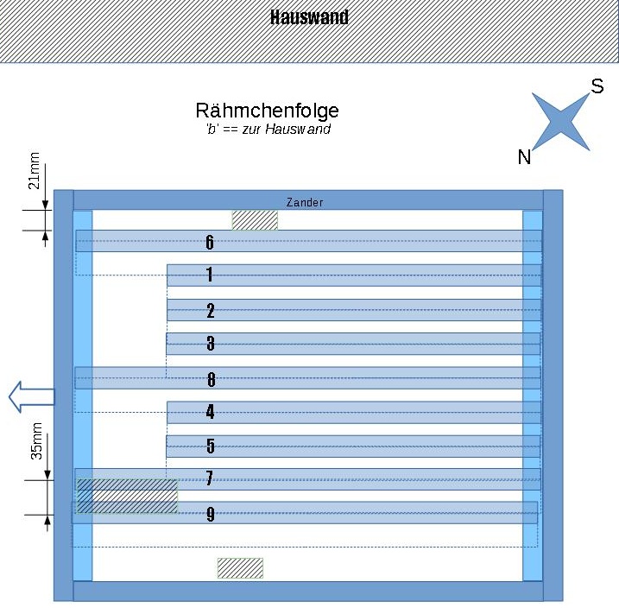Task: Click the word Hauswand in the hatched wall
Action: point(309,17)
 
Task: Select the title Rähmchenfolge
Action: point(267,111)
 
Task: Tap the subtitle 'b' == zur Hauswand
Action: point(263,130)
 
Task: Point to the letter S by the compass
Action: point(597,86)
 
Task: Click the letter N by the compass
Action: point(524,156)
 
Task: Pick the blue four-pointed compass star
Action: point(560,122)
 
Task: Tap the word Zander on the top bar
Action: point(305,202)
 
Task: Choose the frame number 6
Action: point(210,242)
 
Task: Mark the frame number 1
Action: point(210,275)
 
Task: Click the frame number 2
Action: point(211,311)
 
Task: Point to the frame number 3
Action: point(211,344)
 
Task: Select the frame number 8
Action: point(211,378)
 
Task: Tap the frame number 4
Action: point(211,412)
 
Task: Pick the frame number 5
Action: point(211,446)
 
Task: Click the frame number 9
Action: point(211,515)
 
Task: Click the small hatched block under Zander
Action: point(255,220)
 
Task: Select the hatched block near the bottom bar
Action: point(240,568)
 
